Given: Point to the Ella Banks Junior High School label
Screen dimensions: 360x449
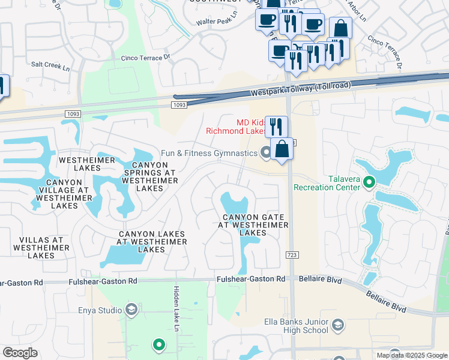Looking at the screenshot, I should click(x=296, y=326).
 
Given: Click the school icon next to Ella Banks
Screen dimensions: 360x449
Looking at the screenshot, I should click(x=339, y=325).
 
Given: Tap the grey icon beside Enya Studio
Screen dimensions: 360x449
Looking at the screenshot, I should click(x=131, y=310).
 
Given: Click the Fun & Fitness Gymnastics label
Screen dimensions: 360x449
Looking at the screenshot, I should click(x=209, y=153).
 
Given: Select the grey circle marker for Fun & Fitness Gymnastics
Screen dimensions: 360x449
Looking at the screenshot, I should click(x=265, y=154).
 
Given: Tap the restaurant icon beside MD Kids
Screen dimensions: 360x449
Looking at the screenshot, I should click(x=276, y=126).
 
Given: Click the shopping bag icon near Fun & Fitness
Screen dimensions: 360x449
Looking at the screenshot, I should click(x=282, y=149).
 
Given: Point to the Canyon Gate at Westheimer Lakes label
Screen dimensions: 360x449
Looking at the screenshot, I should click(x=253, y=224).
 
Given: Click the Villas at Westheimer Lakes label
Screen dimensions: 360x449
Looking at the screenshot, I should click(x=28, y=247).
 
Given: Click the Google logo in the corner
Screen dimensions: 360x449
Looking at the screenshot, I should click(x=20, y=353).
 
